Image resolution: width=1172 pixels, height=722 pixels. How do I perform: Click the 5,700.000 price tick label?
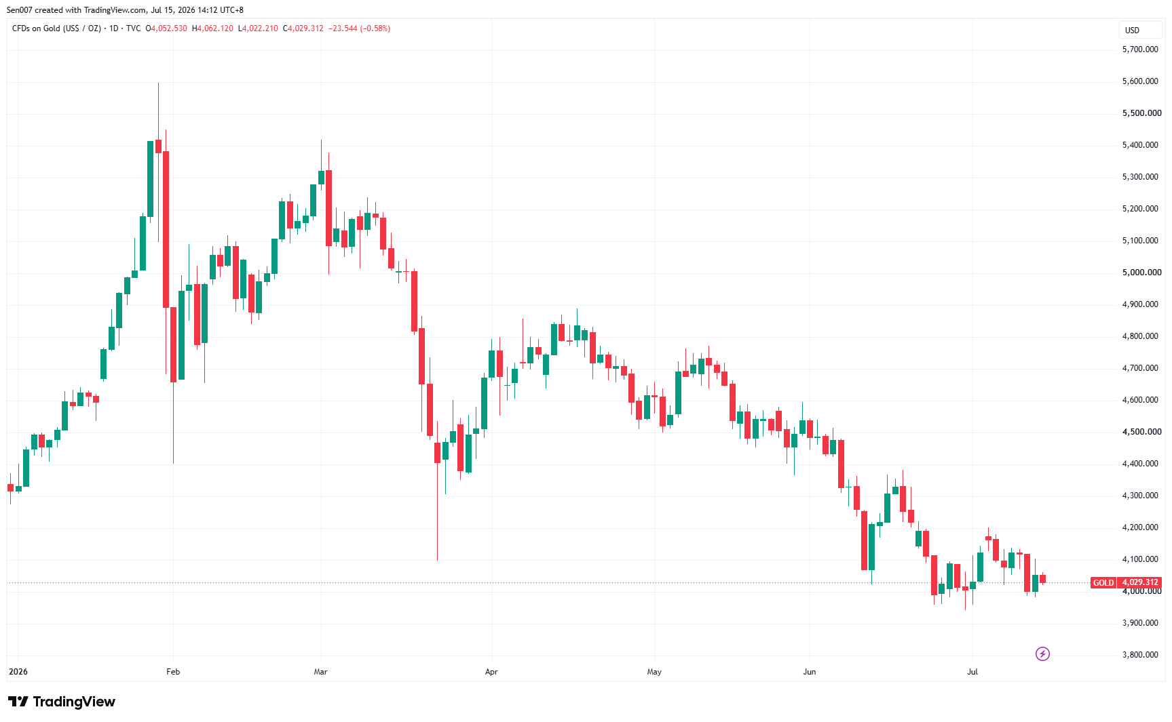tap(1140, 49)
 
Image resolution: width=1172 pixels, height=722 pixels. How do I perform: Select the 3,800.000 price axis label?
tap(1140, 655)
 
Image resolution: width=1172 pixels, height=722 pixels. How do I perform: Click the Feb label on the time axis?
tap(173, 672)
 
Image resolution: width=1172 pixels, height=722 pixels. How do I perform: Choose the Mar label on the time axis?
tap(321, 672)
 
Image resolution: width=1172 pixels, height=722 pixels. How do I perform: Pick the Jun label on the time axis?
tap(810, 672)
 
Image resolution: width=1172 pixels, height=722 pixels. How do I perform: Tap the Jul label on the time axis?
tap(972, 672)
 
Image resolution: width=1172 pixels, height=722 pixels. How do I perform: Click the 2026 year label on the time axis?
tap(18, 672)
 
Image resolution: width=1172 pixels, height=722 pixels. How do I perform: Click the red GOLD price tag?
tap(1103, 582)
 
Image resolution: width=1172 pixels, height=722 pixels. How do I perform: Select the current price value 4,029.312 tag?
tap(1140, 582)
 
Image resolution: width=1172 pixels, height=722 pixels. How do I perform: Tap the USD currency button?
tap(1133, 30)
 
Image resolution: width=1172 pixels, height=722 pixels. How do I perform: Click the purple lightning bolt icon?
tap(1042, 654)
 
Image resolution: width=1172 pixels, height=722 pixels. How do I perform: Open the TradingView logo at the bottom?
tap(62, 702)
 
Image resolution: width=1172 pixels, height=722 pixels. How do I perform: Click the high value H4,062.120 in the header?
tap(213, 28)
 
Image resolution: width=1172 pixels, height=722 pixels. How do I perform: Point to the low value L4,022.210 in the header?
tap(258, 28)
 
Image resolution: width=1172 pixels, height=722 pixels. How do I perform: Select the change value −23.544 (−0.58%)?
tap(360, 28)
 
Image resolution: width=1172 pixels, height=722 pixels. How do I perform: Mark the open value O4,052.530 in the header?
tap(167, 28)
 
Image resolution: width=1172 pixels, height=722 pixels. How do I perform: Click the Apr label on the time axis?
tap(491, 672)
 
